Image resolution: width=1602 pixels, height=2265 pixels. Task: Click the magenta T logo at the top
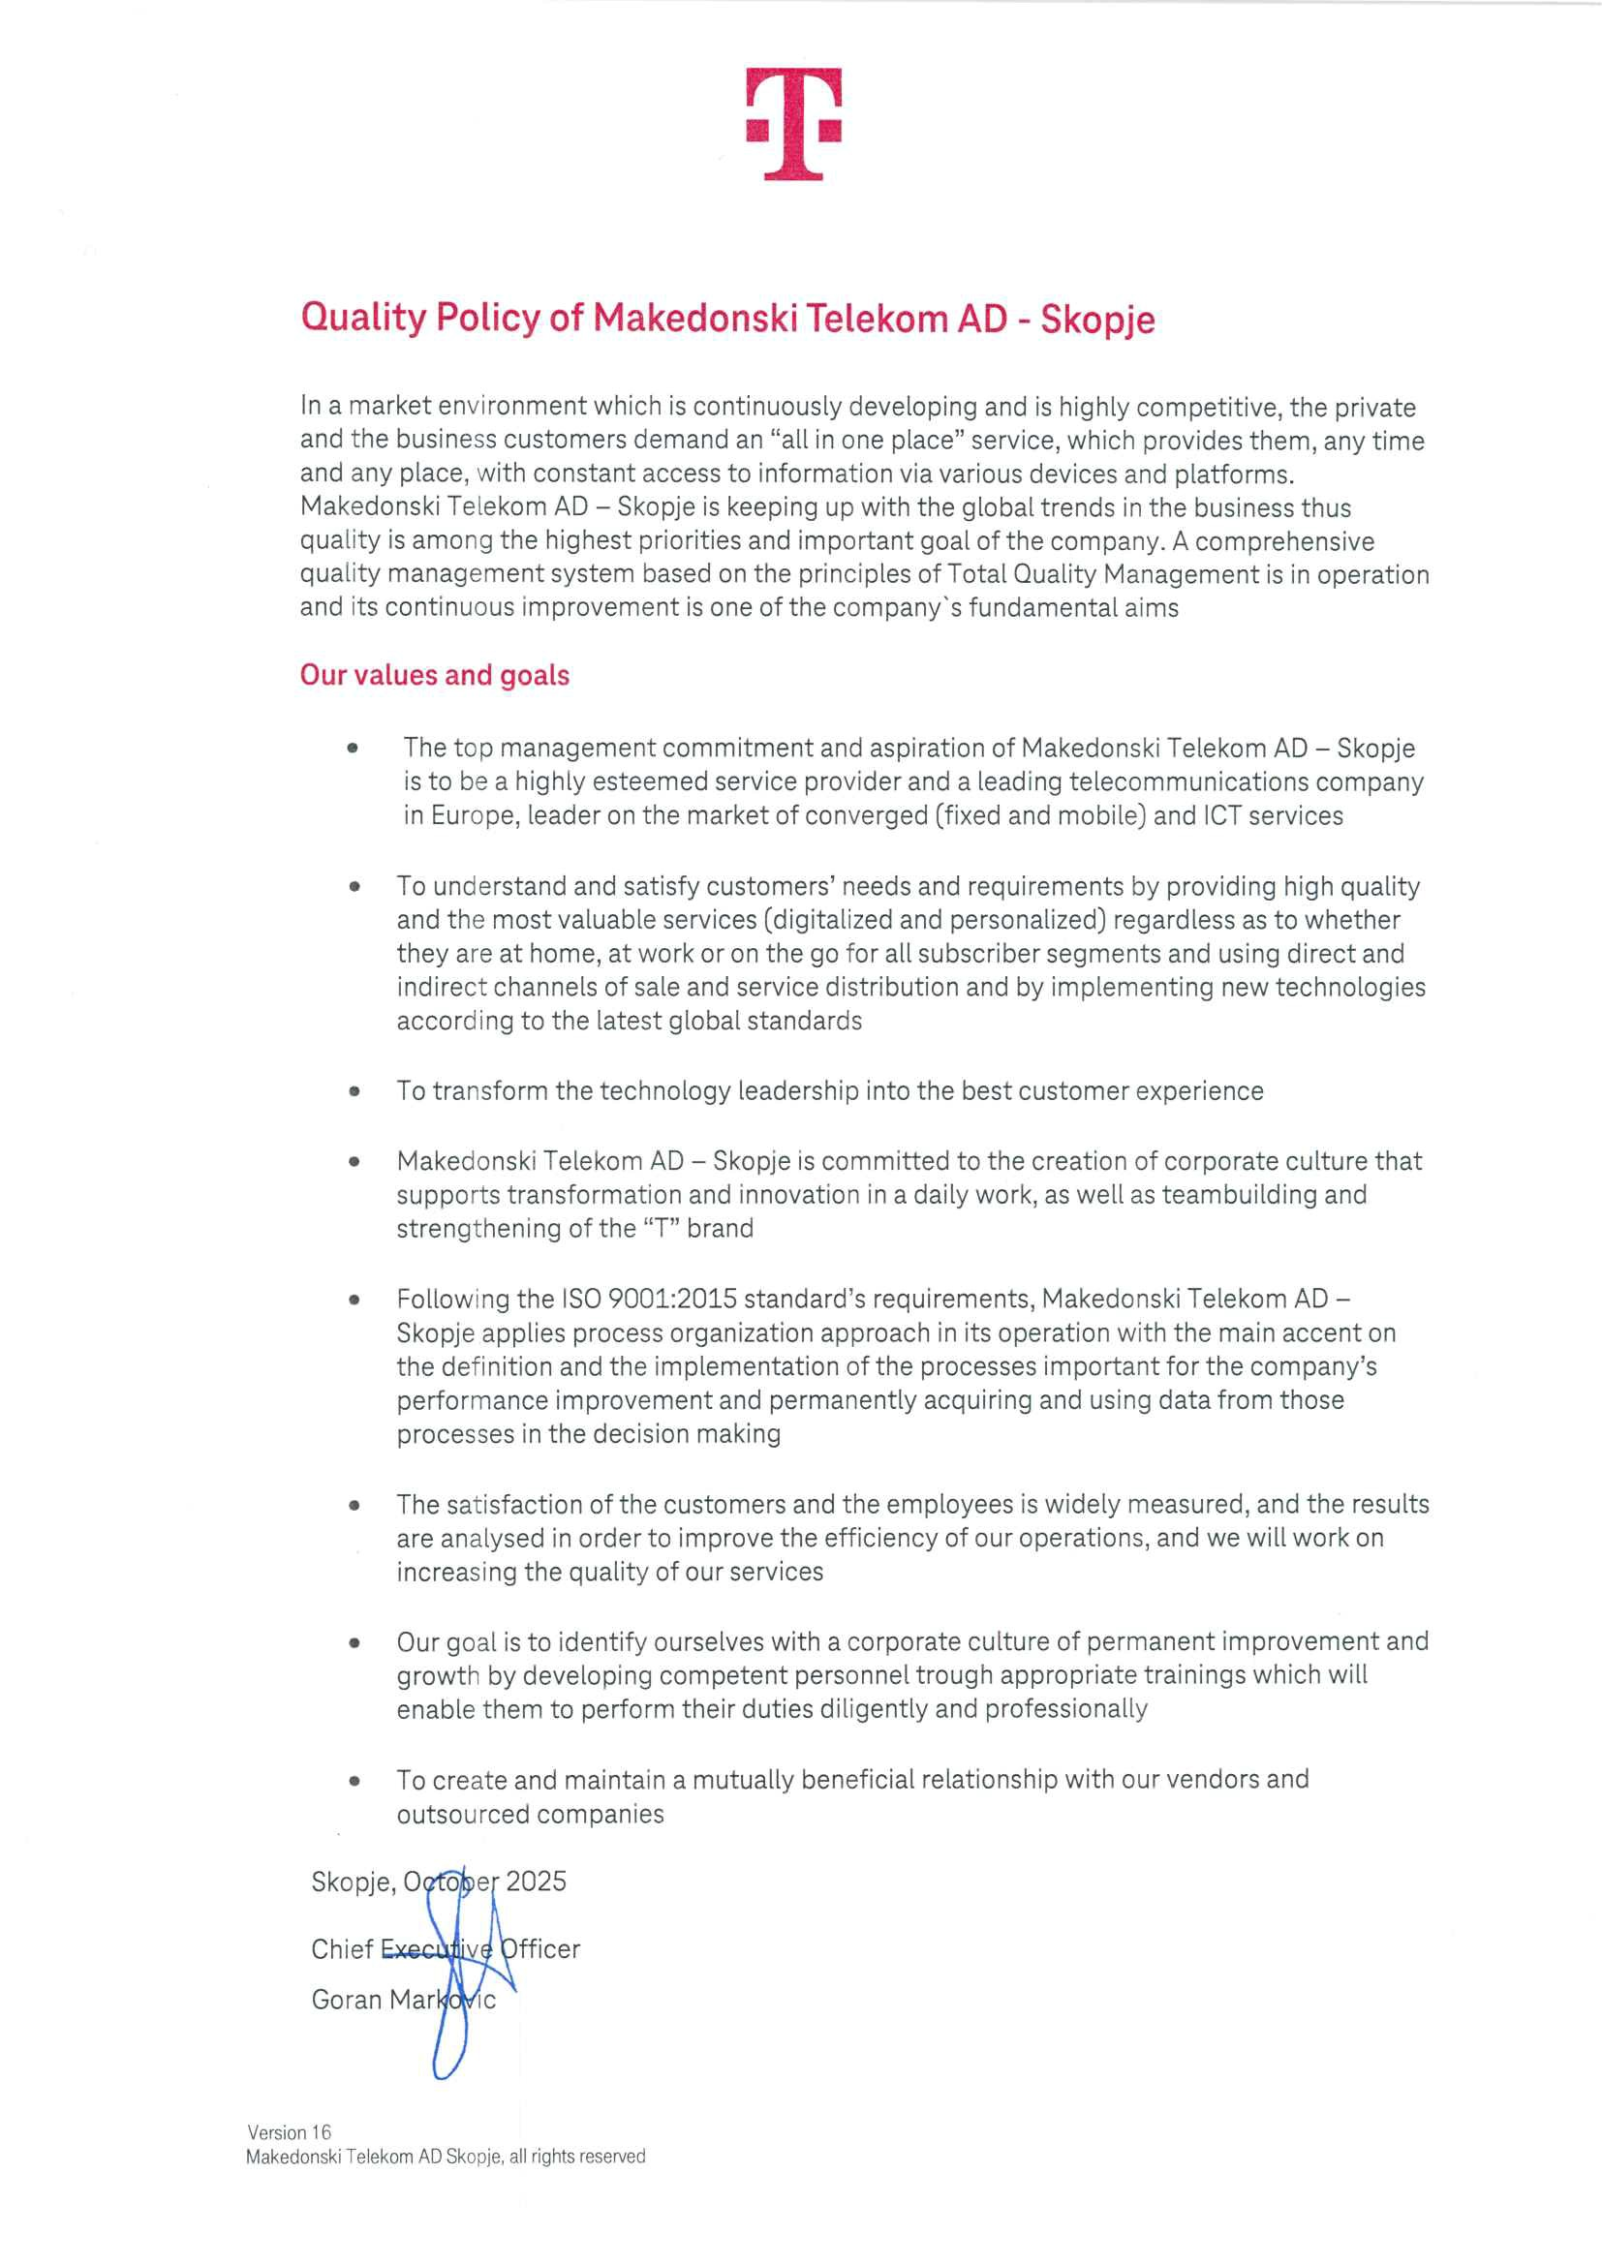793,123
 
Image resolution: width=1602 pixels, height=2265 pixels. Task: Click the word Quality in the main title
363,318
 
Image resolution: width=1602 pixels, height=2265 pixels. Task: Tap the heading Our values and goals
434,675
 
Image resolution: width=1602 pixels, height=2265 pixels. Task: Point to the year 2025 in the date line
536,1882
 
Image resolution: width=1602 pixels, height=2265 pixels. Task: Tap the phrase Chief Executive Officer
445,1949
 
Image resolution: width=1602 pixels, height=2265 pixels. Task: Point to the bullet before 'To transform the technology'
354,1091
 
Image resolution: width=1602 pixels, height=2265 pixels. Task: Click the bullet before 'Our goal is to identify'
354,1643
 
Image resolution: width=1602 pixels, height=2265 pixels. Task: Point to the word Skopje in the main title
1097,320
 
